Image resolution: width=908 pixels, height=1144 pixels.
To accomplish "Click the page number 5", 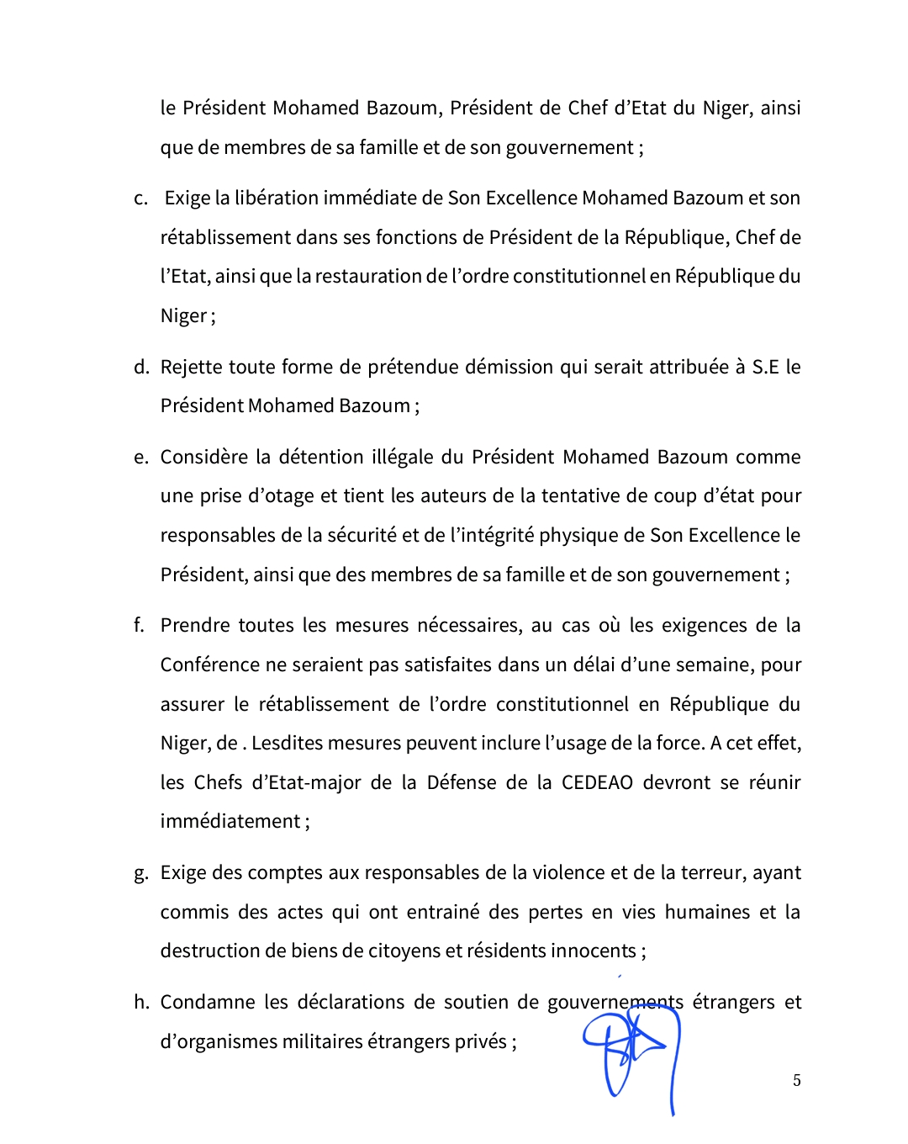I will (x=796, y=1081).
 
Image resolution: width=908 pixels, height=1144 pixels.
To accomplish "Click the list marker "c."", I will (x=141, y=199).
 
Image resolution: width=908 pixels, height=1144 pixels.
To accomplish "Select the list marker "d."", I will (x=141, y=367).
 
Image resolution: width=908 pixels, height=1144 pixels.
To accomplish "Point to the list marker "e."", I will (x=141, y=458).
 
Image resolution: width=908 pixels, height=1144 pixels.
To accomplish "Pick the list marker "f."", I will (x=140, y=625).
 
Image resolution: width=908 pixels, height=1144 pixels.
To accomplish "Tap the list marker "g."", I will (x=141, y=873).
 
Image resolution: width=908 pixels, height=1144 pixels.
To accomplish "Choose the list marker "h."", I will (x=141, y=1002).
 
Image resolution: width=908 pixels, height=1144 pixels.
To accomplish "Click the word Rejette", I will (x=192, y=367).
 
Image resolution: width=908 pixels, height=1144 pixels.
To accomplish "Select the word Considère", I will (x=203, y=457).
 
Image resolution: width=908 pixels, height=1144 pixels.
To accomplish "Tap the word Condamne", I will (x=206, y=1002).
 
